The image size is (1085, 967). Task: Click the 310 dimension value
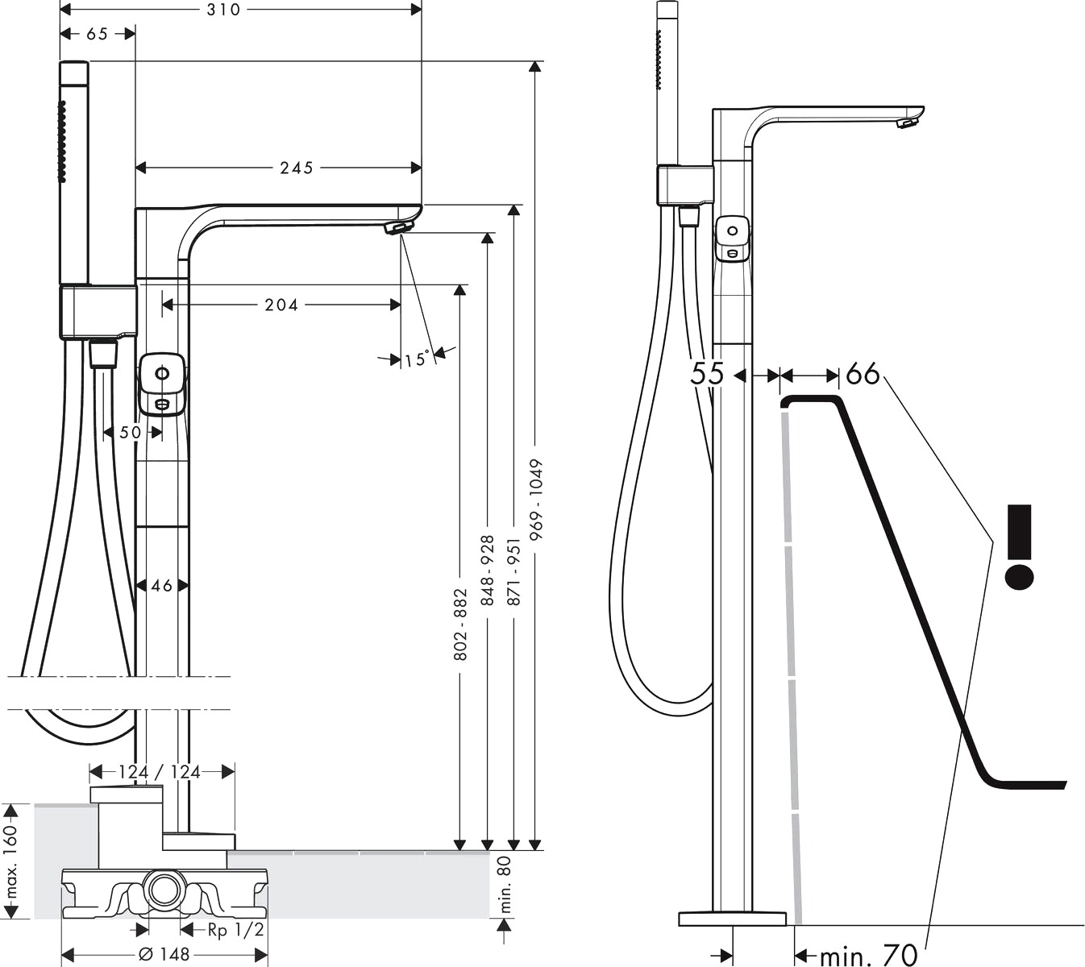click(x=223, y=10)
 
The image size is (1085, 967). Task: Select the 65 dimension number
click(x=97, y=34)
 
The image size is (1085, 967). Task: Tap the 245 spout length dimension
click(x=296, y=168)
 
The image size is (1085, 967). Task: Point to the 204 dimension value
click(x=281, y=305)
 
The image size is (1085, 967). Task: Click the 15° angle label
click(x=417, y=359)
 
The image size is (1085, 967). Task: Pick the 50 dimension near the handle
click(x=130, y=432)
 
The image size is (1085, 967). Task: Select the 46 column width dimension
click(x=162, y=586)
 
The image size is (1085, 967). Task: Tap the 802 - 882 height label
click(x=460, y=625)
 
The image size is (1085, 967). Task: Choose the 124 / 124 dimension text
click(x=159, y=772)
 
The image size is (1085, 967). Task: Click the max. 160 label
click(x=11, y=861)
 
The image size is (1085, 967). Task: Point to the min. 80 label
click(x=505, y=885)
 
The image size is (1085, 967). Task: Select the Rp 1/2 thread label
click(x=235, y=930)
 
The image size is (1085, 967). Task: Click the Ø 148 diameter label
click(x=164, y=955)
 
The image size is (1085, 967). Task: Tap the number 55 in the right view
click(x=707, y=373)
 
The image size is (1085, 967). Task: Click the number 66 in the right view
click(x=863, y=373)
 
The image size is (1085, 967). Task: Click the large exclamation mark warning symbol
click(x=1019, y=546)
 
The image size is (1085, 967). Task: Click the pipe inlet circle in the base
click(x=164, y=890)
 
